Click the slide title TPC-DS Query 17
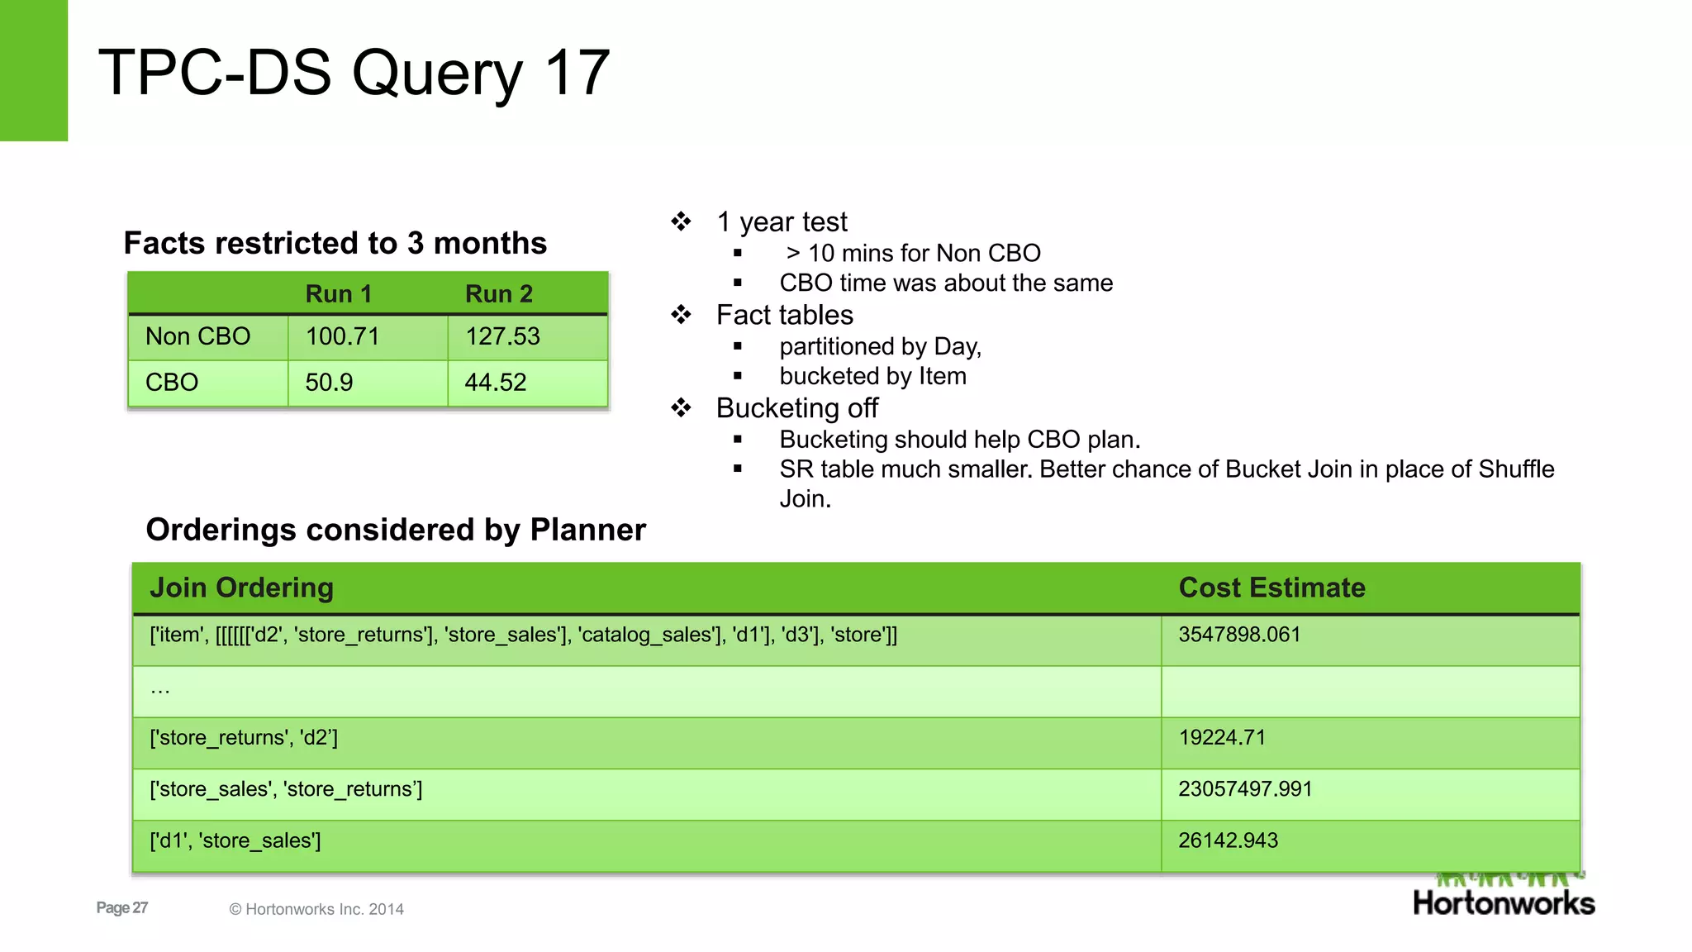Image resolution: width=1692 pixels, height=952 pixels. click(354, 73)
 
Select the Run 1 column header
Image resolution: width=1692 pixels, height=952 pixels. click(338, 294)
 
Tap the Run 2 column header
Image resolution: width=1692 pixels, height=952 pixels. click(498, 294)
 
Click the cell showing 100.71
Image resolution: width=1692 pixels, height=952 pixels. click(342, 336)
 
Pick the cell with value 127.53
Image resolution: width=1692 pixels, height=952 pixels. click(502, 336)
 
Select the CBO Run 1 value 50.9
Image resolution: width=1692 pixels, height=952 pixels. click(329, 383)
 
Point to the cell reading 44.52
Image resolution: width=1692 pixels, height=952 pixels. click(495, 383)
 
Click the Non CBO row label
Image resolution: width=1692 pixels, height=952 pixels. click(197, 336)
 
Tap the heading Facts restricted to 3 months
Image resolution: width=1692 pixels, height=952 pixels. click(335, 243)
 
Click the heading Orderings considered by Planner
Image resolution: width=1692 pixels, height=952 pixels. click(395, 530)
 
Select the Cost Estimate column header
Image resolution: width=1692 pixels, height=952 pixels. click(1271, 588)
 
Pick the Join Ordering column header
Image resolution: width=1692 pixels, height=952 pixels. click(241, 588)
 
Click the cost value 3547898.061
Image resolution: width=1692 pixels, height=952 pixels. click(1238, 635)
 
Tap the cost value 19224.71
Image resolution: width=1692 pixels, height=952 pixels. click(1221, 737)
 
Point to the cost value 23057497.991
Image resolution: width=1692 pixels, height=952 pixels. click(1244, 788)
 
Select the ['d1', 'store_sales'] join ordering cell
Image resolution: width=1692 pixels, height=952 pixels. click(235, 840)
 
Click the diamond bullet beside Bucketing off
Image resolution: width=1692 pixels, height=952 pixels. click(681, 407)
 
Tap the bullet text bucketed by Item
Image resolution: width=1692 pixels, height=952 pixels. click(872, 376)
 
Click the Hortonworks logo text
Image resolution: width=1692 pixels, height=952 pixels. click(1503, 902)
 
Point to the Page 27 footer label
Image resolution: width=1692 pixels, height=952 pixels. click(122, 907)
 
